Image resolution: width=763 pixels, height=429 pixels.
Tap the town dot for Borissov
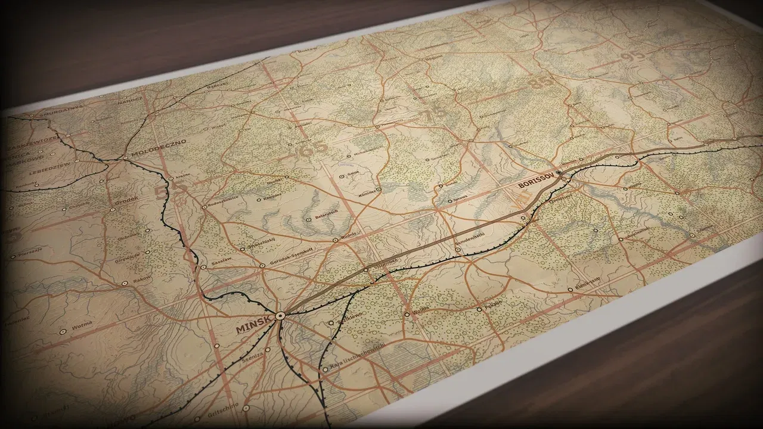559,173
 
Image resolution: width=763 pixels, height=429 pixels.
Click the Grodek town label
127,202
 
